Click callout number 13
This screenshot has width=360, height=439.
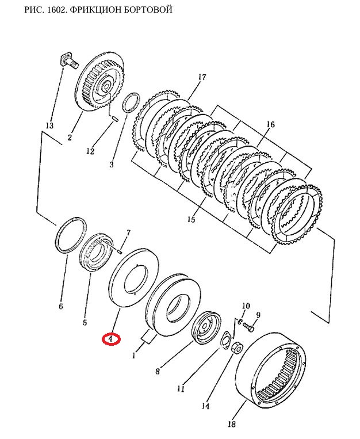coord(49,125)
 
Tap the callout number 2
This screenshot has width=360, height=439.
coord(69,137)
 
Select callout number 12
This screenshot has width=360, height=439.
coord(90,151)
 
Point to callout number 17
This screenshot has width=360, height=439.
coord(201,77)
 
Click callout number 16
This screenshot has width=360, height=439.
coord(270,124)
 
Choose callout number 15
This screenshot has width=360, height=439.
coord(190,220)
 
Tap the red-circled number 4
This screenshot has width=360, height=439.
coord(110,339)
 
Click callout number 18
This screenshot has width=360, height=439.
coord(231,425)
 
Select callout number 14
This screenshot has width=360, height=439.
coord(205,406)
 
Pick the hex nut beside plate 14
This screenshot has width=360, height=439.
coord(236,348)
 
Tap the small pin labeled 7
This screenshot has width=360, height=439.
coord(118,249)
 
